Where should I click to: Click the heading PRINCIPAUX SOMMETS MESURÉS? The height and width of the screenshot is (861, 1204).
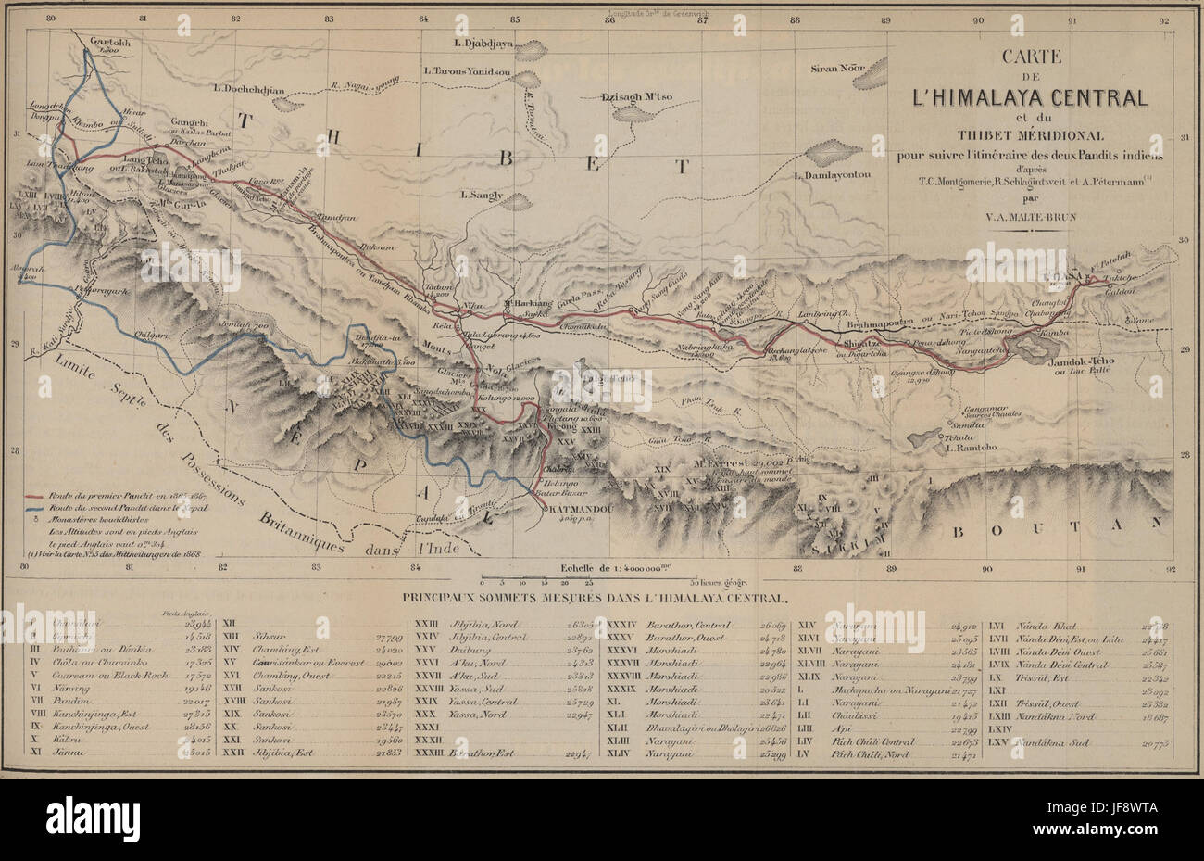(601, 599)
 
